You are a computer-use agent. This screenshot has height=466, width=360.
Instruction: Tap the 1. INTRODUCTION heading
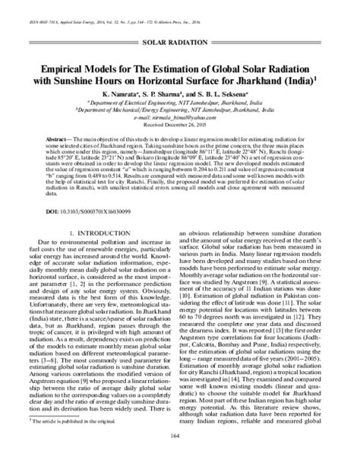(x=93, y=233)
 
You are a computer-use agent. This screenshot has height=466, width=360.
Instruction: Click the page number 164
(x=179, y=457)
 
